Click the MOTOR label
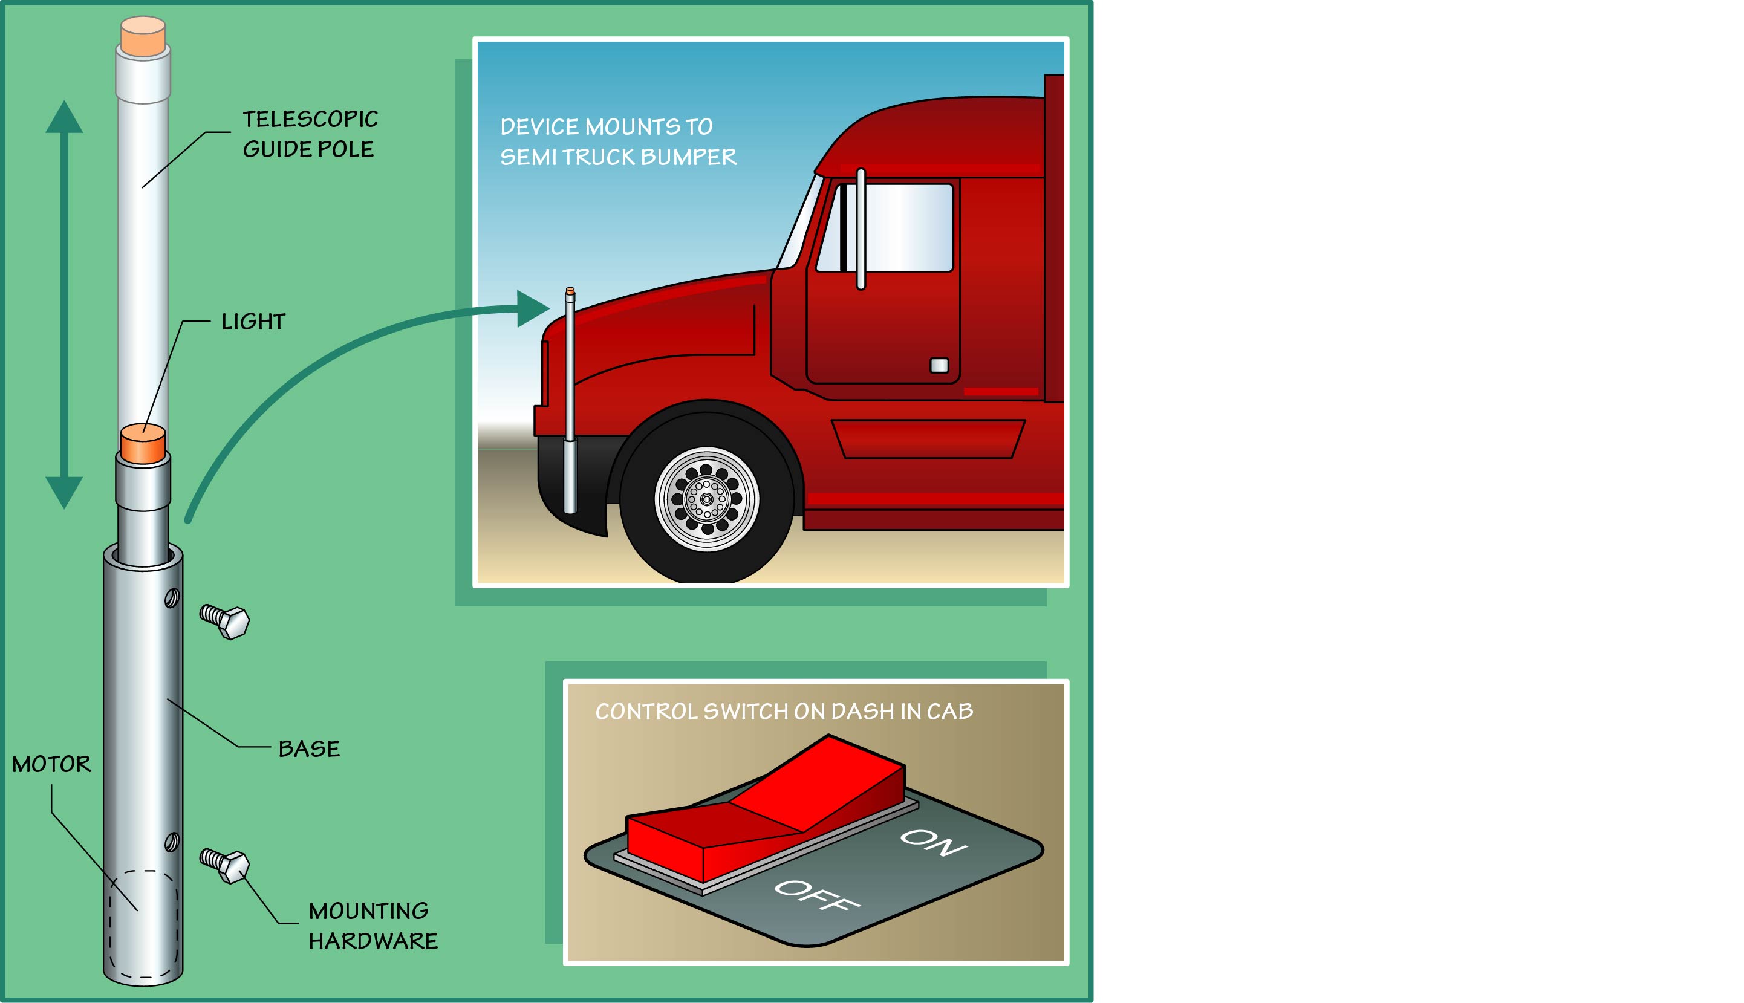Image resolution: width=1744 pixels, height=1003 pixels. pos(51,764)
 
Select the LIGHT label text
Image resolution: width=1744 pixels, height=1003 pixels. pos(253,322)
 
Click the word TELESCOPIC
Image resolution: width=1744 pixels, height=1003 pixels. pos(310,119)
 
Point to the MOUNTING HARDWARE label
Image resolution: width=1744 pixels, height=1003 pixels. pos(373,926)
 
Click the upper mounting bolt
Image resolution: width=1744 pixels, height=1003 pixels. pos(224,622)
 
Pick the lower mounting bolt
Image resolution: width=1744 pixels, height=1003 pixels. pos(224,866)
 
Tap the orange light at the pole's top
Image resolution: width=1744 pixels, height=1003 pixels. pos(143,38)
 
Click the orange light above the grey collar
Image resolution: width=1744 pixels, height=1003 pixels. pos(143,444)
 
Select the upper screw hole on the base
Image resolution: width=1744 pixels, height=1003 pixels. pos(172,598)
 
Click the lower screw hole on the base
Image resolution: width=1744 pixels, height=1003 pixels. pos(172,842)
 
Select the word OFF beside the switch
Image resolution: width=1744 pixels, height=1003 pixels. pos(817,895)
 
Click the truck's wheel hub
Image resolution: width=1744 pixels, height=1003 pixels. pos(706,499)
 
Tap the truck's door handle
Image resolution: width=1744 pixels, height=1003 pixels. pos(939,365)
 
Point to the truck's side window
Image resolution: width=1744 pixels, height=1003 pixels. pos(885,227)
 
